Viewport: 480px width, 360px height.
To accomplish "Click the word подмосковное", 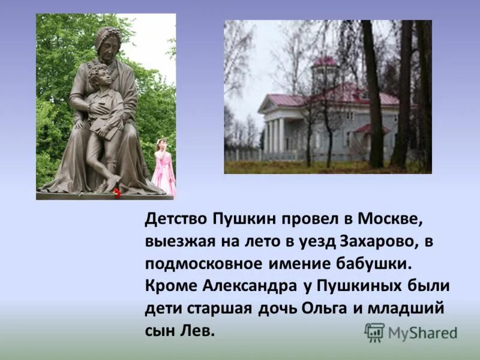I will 203,263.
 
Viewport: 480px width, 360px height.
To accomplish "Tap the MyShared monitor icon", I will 374,332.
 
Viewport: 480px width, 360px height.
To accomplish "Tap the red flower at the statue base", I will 117,192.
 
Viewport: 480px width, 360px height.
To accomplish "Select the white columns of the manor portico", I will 275,135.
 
